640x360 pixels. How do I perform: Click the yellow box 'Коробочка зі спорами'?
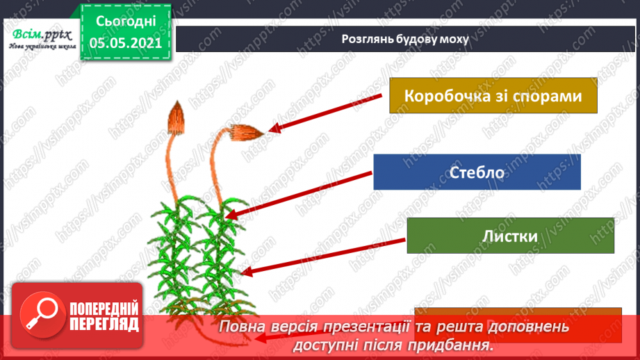pyautogui.click(x=493, y=95)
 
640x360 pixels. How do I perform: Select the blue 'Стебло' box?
pyautogui.click(x=477, y=172)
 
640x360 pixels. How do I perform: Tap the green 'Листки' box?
pyautogui.click(x=510, y=236)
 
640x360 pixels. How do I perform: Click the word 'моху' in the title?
pyautogui.click(x=454, y=39)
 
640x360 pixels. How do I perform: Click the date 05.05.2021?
pyautogui.click(x=126, y=42)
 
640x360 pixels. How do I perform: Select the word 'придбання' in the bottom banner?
pyautogui.click(x=455, y=343)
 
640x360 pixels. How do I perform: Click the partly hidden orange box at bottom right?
pyautogui.click(x=518, y=312)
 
